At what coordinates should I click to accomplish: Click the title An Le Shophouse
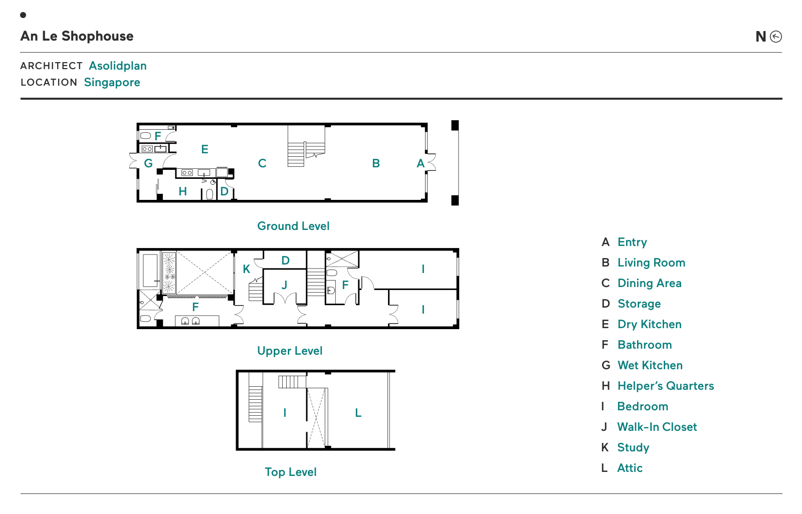click(x=77, y=36)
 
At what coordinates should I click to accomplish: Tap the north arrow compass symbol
click(x=776, y=37)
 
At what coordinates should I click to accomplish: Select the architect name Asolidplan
click(x=118, y=66)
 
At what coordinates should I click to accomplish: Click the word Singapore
click(x=112, y=82)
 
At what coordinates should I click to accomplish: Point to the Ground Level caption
click(x=293, y=226)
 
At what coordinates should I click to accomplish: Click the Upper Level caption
click(x=290, y=351)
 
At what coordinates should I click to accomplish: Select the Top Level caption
click(x=291, y=472)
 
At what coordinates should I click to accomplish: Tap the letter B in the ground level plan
click(x=376, y=163)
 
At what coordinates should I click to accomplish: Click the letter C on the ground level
click(x=262, y=163)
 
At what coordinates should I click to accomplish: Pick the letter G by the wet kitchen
click(x=148, y=163)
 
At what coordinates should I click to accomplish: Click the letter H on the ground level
click(x=182, y=191)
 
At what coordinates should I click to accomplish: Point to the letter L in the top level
click(x=358, y=413)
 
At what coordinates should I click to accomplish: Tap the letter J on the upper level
click(x=284, y=285)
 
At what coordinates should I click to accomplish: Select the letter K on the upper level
click(x=246, y=269)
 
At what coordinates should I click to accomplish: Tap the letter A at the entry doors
click(x=421, y=163)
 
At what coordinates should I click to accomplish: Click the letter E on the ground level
click(x=205, y=149)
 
